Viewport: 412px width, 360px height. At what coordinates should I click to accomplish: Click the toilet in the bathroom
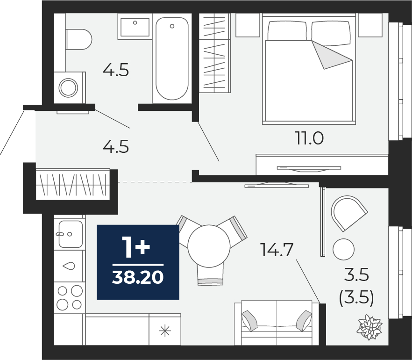78,39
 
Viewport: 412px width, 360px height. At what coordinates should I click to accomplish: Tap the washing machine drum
68,87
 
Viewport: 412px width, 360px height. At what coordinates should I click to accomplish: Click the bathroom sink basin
135,27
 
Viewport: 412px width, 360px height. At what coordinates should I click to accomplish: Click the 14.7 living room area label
277,250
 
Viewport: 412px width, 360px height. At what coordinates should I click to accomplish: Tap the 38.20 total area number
138,277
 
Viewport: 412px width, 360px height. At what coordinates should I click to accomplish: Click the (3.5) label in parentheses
356,298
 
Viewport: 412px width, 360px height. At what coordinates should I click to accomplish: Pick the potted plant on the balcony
370,328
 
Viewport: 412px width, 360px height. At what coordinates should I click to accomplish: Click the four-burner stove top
70,297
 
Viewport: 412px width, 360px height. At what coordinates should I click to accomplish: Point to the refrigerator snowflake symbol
165,330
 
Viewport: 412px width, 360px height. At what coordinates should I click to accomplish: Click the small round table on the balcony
343,249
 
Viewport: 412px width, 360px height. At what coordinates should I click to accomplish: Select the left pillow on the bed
287,31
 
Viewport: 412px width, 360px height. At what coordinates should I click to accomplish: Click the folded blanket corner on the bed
332,55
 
